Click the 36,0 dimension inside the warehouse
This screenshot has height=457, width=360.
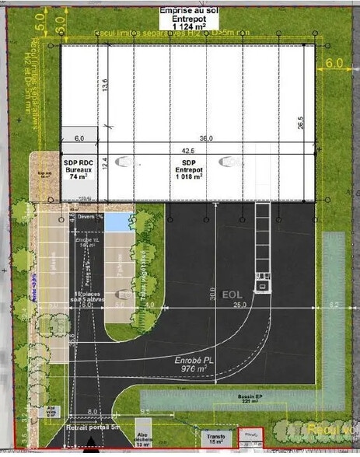click(x=206, y=138)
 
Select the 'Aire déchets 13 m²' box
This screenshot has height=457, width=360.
click(x=143, y=441)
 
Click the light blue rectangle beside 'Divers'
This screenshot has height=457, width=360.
click(x=117, y=223)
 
